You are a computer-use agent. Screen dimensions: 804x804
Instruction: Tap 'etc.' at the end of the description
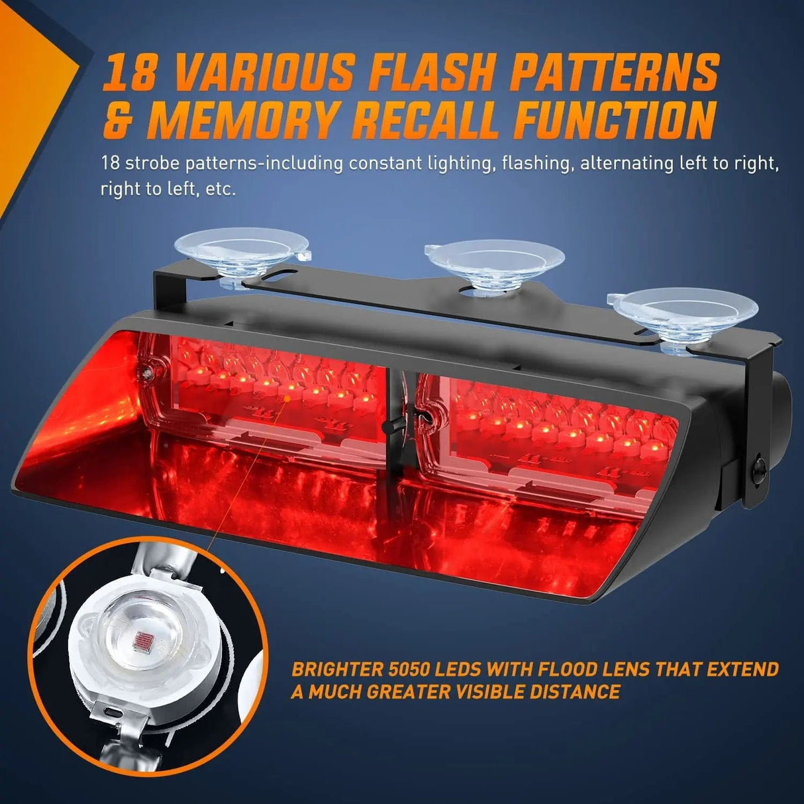(221, 189)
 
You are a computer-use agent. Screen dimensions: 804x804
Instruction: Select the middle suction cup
(493, 261)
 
